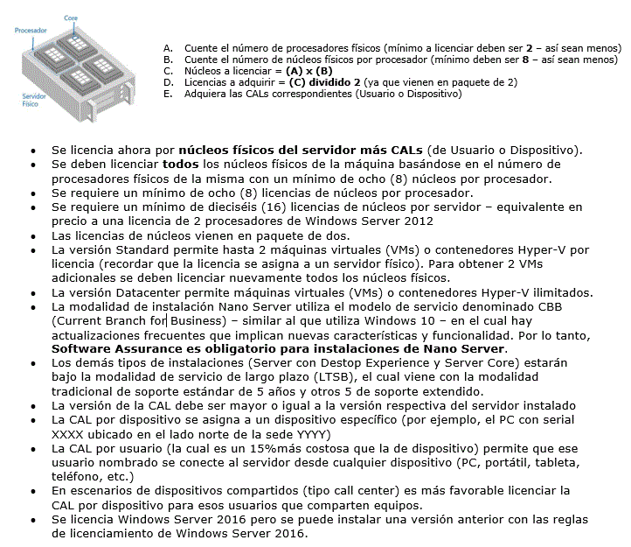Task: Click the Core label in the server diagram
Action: pyautogui.click(x=72, y=18)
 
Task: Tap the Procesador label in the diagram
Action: pyautogui.click(x=31, y=30)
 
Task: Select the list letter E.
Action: pyautogui.click(x=168, y=94)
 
